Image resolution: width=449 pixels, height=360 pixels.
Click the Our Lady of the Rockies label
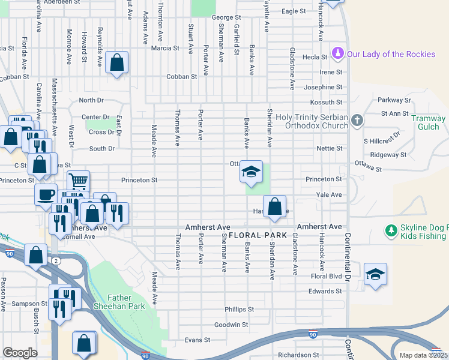pos(391,55)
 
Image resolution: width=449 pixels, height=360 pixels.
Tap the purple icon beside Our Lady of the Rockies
pos(339,54)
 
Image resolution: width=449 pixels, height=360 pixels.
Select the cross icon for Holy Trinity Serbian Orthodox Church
pos(357,121)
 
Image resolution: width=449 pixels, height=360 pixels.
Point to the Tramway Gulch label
pos(429,122)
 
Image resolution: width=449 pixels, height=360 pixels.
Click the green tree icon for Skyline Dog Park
pos(391,230)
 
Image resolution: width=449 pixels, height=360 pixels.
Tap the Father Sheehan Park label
pos(127,302)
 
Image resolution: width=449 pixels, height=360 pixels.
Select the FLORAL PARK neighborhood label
pos(257,235)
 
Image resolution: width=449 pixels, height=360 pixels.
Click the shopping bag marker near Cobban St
pos(116,62)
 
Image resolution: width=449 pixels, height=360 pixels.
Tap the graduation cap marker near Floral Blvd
pos(375,274)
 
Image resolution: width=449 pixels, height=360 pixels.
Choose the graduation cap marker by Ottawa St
pos(251,172)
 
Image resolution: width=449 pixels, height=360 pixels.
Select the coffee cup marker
pos(46,194)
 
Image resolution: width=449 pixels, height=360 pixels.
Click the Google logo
pos(20,353)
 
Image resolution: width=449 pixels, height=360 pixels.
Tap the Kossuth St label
pos(331,103)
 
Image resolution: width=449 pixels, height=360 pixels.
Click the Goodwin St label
pos(231,325)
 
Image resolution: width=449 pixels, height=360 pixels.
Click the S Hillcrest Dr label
pos(382,141)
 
